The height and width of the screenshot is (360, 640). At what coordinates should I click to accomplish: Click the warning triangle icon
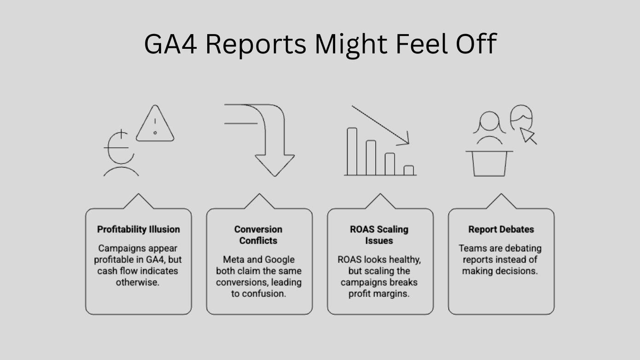[x=155, y=125]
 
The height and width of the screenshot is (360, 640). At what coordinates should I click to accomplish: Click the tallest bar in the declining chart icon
[x=352, y=151]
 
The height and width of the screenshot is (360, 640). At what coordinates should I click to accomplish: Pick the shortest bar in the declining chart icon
[x=408, y=170]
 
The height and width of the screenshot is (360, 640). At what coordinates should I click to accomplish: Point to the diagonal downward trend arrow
[x=380, y=125]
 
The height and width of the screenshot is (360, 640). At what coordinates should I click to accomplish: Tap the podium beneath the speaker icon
[x=489, y=163]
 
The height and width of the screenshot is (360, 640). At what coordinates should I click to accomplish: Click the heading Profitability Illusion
[x=139, y=229]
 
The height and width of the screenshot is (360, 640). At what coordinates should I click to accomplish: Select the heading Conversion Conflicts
[x=258, y=235]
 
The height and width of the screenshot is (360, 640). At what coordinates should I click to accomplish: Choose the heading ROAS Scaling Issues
[x=379, y=235]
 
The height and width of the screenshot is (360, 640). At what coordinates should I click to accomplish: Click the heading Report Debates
[x=501, y=229]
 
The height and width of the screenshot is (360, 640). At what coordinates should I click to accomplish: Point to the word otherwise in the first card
[x=138, y=282]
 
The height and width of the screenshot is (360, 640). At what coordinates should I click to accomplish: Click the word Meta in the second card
[x=233, y=260]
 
